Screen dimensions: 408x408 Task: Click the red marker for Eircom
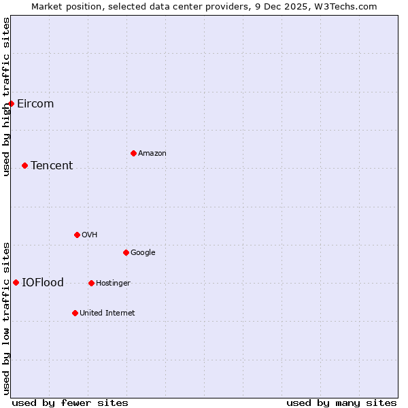[x=12, y=103]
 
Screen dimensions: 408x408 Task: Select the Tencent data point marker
[x=24, y=165]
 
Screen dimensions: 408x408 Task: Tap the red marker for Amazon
[x=133, y=153]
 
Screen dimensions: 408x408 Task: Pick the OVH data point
[x=77, y=235]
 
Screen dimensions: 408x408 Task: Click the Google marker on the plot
[x=126, y=252]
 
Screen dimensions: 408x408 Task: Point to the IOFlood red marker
[x=16, y=282]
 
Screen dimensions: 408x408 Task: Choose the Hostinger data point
[x=91, y=283]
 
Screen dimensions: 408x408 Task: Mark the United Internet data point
[x=75, y=313]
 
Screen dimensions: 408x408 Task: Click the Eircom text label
[x=35, y=104]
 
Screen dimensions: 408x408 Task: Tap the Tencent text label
[x=52, y=166]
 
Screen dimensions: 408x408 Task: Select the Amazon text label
[x=152, y=154]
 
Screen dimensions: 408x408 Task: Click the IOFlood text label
[x=43, y=283]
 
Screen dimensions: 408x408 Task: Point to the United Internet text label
[x=107, y=313]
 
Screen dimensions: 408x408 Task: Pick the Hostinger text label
[x=113, y=284]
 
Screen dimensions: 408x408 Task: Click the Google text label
[x=143, y=253]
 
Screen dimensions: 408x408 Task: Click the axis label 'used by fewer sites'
[x=70, y=403]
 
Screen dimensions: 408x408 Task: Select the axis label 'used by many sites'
[x=341, y=403]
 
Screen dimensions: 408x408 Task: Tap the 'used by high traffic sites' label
[x=7, y=97]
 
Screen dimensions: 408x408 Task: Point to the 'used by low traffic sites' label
[x=7, y=318]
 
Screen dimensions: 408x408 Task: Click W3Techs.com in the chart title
[x=345, y=6]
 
